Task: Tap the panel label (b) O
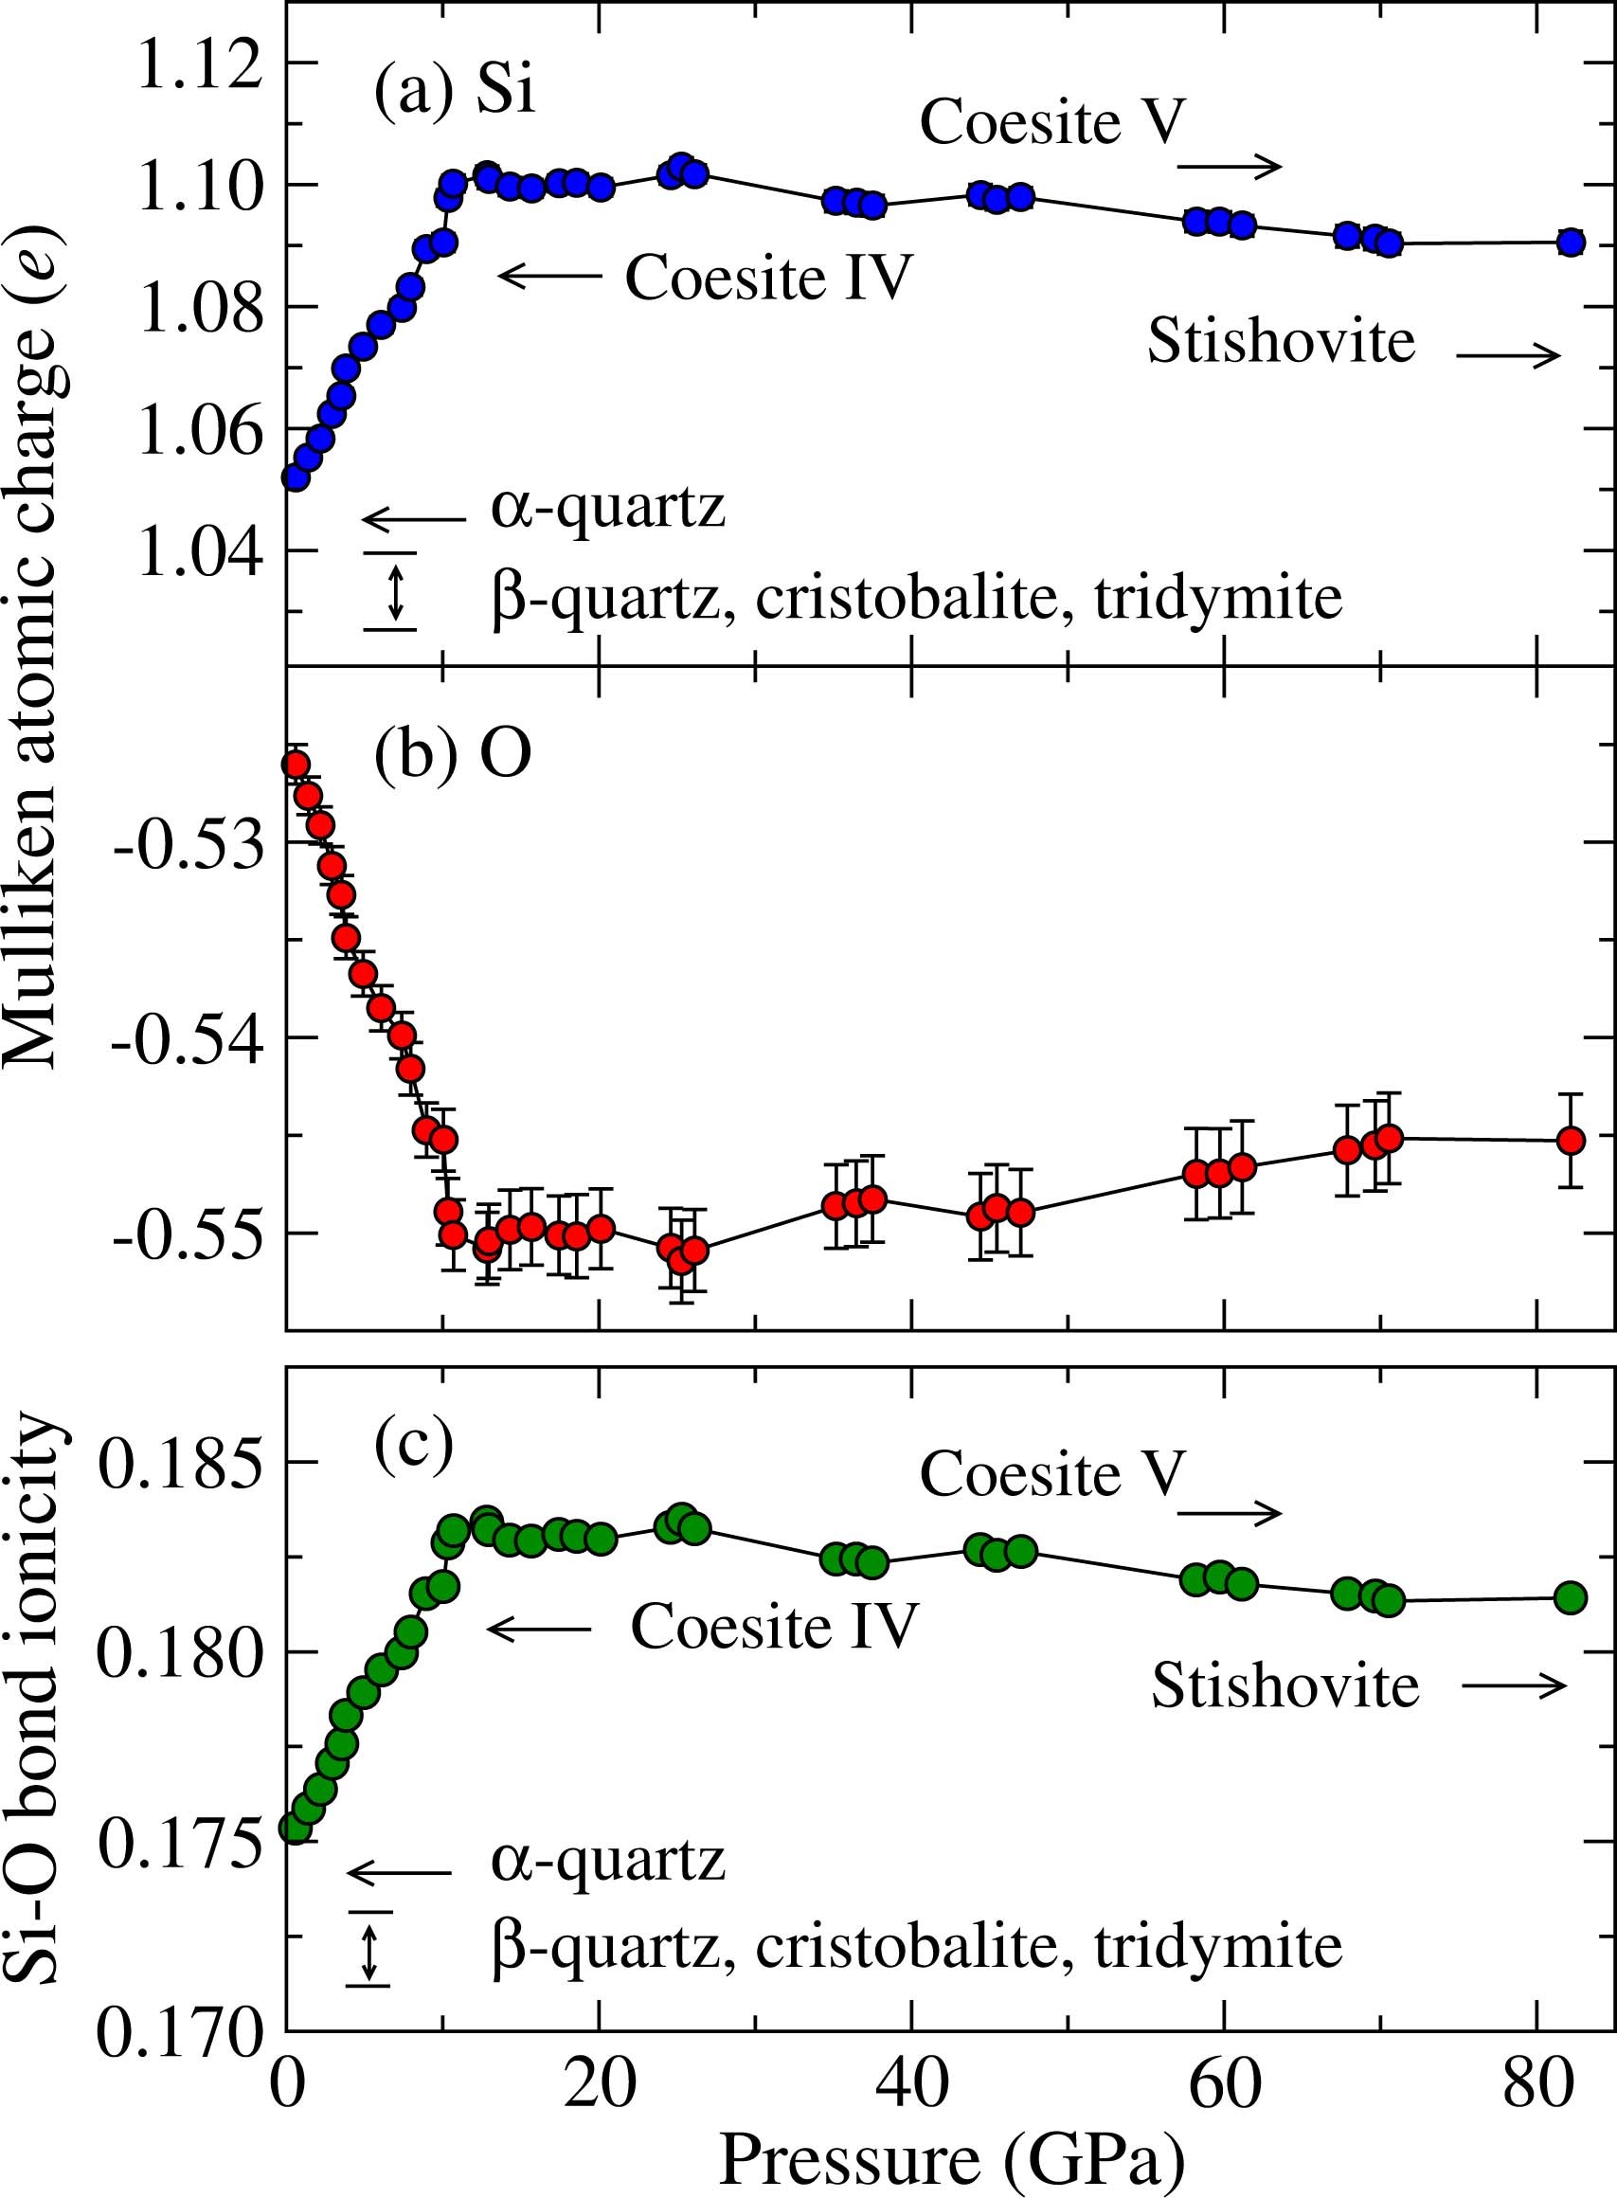452,757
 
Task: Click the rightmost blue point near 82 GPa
1571,242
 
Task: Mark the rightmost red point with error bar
1571,1140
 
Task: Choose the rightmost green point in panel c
1570,1596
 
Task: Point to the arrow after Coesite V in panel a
1230,168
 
